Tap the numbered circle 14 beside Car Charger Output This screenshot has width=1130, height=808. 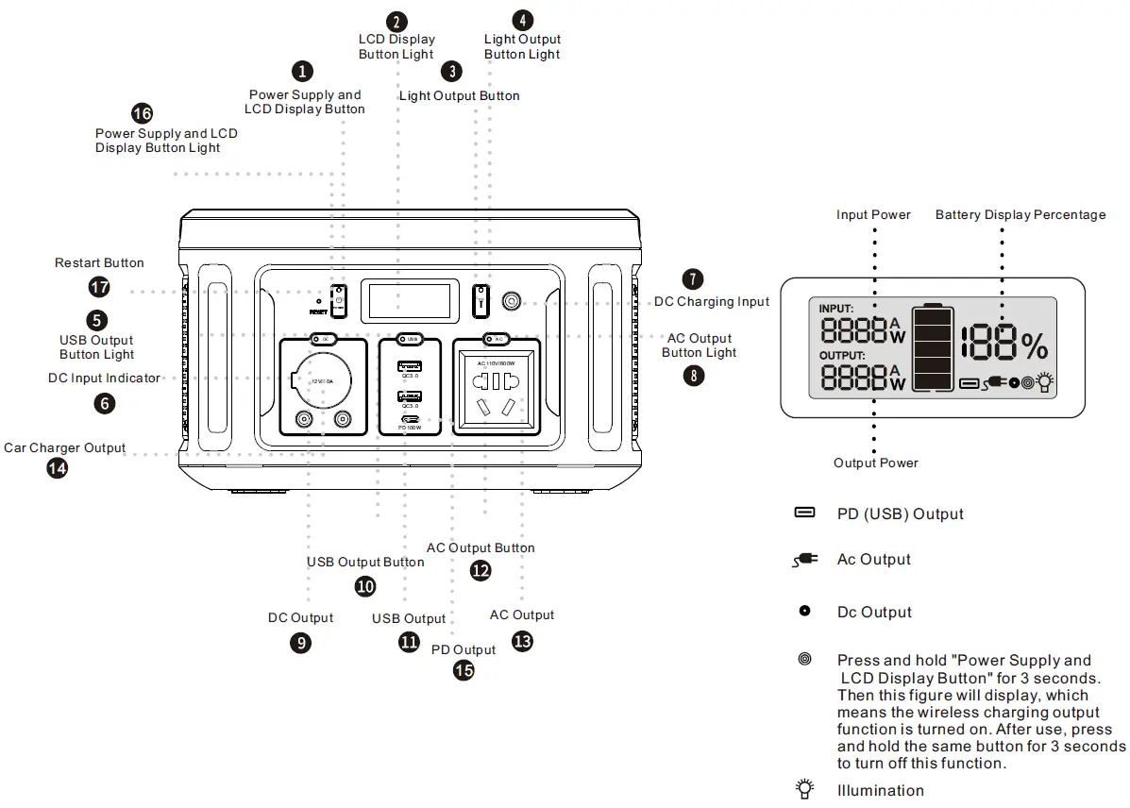click(58, 467)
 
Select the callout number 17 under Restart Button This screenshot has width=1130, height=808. click(99, 286)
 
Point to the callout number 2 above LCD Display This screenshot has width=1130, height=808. click(397, 21)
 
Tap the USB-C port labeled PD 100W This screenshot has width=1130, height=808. click(409, 418)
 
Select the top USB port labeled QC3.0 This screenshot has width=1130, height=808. click(409, 366)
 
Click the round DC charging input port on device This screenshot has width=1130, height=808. click(511, 301)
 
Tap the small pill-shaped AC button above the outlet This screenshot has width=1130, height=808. click(497, 338)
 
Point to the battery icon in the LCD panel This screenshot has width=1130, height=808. click(934, 346)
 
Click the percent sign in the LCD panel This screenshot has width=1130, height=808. click(1034, 347)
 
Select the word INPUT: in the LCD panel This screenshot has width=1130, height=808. click(836, 309)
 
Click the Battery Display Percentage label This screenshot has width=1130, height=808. click(1020, 215)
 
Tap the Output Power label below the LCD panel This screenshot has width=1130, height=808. click(875, 463)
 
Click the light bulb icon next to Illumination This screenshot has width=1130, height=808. click(804, 789)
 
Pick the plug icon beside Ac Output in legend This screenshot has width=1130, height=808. click(804, 560)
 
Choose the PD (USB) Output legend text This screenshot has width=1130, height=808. click(900, 514)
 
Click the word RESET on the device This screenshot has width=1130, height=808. click(317, 311)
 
